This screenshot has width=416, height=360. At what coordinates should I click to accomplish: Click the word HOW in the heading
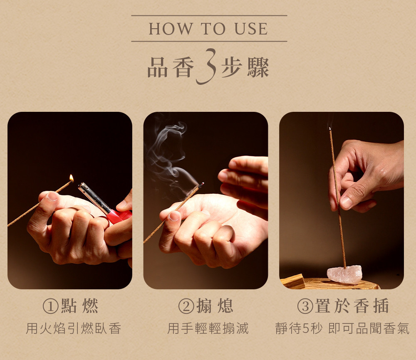[x=170, y=29]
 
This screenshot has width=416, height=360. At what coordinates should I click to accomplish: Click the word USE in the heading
[x=251, y=29]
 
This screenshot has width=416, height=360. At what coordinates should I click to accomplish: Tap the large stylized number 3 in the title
[x=206, y=66]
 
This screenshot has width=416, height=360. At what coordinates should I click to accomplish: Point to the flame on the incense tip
[x=72, y=178]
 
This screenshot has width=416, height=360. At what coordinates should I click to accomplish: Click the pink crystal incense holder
[x=344, y=275]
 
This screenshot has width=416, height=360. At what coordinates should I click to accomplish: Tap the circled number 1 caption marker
[x=50, y=306]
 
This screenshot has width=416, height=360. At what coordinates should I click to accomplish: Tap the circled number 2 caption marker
[x=186, y=306]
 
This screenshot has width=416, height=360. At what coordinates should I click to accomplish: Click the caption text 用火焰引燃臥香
[x=74, y=328]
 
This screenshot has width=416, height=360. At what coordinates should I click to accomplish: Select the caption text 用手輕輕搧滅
[x=208, y=328]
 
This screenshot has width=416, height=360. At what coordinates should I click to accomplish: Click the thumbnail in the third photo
[x=346, y=202]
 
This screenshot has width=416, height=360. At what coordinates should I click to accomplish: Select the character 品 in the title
[x=158, y=68]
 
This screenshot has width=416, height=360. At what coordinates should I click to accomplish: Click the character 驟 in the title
[x=258, y=68]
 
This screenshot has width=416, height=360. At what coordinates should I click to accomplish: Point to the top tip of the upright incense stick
[x=330, y=128]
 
